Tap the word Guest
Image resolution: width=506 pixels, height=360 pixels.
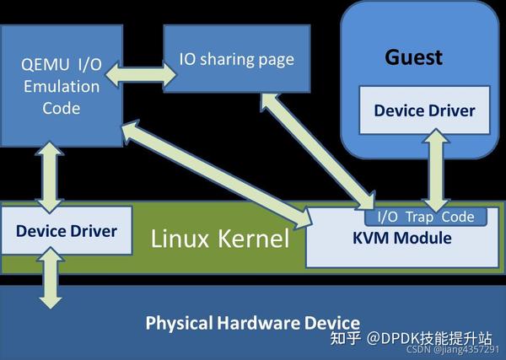(x=413, y=57)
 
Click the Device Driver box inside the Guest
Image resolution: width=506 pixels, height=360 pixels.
(x=424, y=110)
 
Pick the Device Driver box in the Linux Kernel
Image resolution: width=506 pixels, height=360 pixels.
(x=66, y=230)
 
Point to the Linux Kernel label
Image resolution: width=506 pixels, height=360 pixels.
(x=219, y=238)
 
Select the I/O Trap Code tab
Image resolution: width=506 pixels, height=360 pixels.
(x=426, y=217)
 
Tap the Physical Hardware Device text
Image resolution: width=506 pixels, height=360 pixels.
(x=253, y=322)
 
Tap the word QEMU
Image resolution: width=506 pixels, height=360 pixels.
(x=40, y=65)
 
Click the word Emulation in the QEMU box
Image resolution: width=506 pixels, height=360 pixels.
(x=61, y=87)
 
